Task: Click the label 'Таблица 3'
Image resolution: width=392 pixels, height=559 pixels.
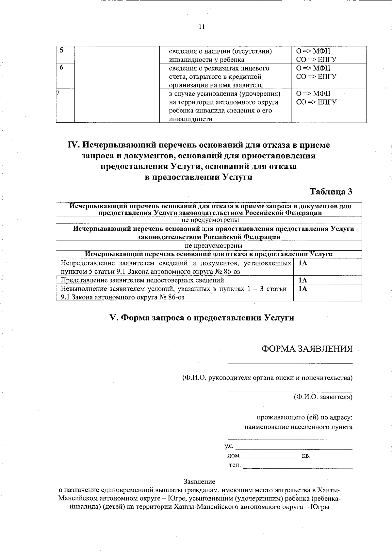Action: point(331,192)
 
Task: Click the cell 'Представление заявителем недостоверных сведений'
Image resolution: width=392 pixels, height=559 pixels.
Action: point(143,280)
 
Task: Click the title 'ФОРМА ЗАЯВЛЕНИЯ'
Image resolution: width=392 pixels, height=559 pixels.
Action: point(307,349)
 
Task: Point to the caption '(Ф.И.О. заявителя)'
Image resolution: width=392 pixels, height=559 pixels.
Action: point(323,397)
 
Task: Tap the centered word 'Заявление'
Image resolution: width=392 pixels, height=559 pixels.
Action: point(200,482)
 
